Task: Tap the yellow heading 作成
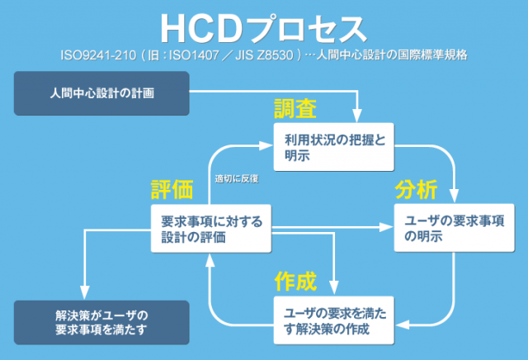pos(295,281)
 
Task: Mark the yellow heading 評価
pos(172,189)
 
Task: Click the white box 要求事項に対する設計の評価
pos(210,228)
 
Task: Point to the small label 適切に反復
pos(237,178)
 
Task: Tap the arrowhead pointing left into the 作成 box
pos(401,320)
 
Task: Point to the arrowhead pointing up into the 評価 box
pos(210,259)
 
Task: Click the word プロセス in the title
pos(309,27)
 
